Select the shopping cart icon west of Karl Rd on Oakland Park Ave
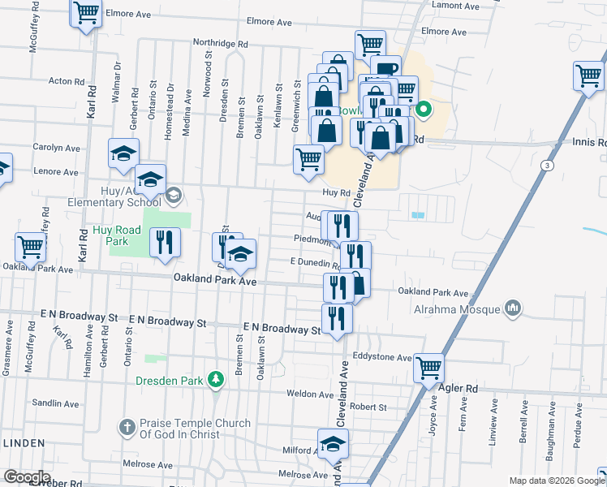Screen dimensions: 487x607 coord(30,247)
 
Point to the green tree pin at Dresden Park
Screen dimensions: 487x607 coord(215,379)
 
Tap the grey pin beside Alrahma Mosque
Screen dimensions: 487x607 coord(512,308)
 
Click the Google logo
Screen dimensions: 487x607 coord(26,477)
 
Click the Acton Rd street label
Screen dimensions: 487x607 coord(67,81)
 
